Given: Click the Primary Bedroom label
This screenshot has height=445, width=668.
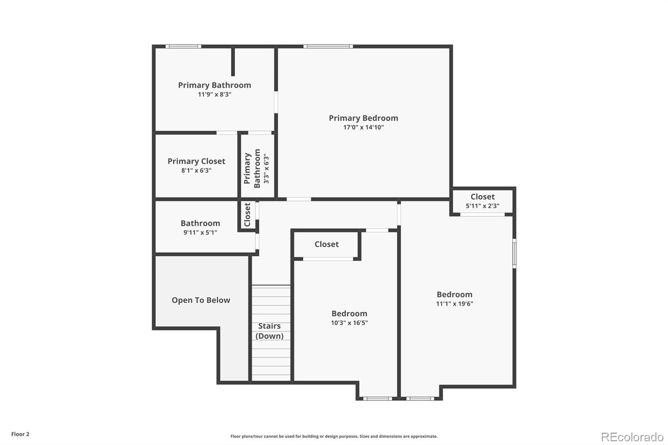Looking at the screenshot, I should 363,118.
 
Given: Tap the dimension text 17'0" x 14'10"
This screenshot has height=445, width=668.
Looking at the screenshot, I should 363,127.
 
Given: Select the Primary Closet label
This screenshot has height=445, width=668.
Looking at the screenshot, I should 196,161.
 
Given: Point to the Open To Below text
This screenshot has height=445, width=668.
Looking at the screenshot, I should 201,300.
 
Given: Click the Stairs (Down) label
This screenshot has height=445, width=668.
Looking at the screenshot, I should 269,331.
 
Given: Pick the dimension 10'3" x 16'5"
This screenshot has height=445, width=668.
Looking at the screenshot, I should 349,323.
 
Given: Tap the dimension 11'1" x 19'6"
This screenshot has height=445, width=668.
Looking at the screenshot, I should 454,304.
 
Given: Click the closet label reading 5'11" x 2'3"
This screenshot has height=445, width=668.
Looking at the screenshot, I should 482,206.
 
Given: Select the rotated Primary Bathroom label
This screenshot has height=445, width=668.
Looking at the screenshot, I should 252,168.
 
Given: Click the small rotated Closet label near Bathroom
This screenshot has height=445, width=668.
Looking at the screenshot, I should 247,215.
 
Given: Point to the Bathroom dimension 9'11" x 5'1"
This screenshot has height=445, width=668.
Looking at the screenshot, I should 200,233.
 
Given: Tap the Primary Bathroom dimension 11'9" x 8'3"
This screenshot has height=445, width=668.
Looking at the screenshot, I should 215,94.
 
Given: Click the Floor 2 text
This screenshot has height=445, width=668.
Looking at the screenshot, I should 20,434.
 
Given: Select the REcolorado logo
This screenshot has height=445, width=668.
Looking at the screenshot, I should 632,437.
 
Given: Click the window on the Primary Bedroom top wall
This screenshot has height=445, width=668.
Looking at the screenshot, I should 328,46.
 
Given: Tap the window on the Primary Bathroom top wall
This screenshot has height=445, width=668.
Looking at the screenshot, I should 183,46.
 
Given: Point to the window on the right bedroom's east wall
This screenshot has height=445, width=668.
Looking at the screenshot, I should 514,253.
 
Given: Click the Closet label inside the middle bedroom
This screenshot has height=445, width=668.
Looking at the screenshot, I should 326,244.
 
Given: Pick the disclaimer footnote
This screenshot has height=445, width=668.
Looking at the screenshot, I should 334,436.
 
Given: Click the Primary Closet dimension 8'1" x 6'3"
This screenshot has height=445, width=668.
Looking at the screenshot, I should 196,170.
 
